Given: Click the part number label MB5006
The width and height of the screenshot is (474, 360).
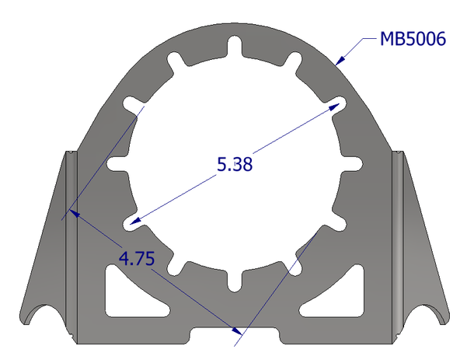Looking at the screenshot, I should pyautogui.click(x=412, y=40).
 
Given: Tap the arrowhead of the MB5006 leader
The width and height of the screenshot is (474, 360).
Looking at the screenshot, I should pyautogui.click(x=340, y=59).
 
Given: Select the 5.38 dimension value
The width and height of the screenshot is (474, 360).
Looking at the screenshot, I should pyautogui.click(x=235, y=165).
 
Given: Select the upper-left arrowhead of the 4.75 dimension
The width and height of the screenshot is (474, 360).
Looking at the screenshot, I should pyautogui.click(x=73, y=211).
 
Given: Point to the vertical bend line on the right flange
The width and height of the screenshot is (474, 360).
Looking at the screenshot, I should pyautogui.click(x=398, y=241).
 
